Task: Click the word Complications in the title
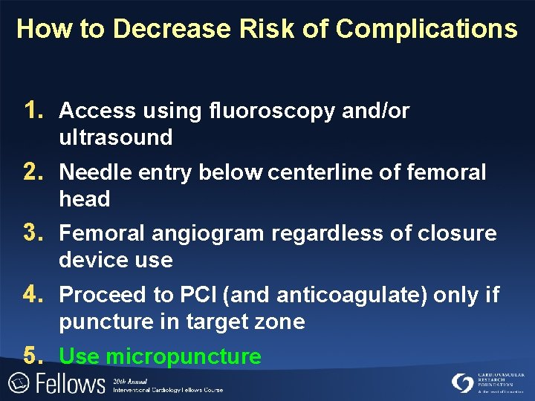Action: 426,29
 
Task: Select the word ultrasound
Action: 116,137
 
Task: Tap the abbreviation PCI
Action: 196,296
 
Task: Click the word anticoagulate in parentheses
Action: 351,296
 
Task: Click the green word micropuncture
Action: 183,357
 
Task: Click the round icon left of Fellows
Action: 18,383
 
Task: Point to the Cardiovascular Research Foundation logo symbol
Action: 462,382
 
